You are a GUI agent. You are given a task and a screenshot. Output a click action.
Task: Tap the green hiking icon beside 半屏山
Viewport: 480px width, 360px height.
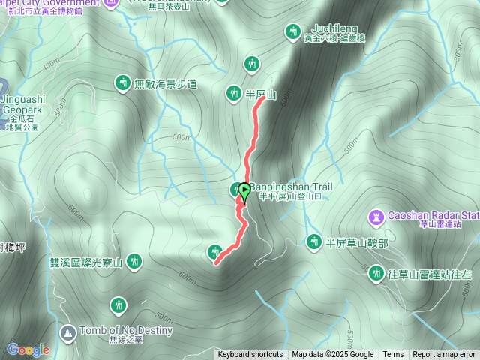pos(233,92)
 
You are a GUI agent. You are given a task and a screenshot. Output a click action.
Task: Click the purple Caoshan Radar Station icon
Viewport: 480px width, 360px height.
pos(374,217)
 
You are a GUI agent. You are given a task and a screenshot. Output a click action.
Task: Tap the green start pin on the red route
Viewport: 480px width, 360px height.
pos(244,193)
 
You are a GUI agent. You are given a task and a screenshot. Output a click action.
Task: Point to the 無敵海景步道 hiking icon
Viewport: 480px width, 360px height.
pos(122,82)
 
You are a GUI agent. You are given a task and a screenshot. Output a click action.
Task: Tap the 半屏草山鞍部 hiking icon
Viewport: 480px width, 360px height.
pos(313,241)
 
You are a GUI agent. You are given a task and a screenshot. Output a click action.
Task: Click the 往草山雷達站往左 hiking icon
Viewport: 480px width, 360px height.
pos(376,272)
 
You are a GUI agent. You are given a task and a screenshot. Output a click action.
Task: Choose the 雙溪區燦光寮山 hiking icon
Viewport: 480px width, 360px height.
pos(134,261)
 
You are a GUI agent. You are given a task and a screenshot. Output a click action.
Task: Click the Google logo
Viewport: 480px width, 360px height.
pos(28,349)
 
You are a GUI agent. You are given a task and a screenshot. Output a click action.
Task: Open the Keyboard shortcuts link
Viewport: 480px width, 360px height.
pos(250,355)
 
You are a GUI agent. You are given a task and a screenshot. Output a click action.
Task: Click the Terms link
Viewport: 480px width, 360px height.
pos(393,355)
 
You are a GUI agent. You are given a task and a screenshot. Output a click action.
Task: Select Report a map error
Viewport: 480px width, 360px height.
pos(445,355)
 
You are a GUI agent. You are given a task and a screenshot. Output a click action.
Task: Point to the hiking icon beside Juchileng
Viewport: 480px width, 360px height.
pos(292,31)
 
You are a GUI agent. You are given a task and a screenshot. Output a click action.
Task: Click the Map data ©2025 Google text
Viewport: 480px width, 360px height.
pos(333,355)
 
